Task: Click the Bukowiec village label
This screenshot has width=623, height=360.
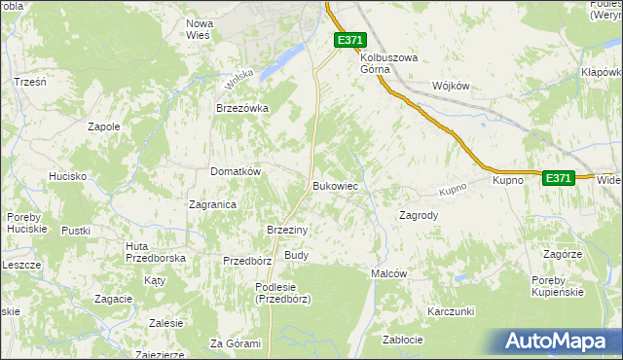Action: tap(338, 185)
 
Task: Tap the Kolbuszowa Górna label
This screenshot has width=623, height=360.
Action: tap(389, 63)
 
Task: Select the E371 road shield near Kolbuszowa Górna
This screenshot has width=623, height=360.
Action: tap(350, 39)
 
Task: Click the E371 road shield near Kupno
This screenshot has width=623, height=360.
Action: tap(558, 178)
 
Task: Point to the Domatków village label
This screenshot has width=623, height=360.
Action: tap(236, 171)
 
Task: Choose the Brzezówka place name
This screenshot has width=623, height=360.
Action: tap(241, 109)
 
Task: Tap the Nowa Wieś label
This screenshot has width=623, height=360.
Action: tap(200, 28)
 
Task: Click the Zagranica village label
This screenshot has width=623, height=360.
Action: tap(212, 204)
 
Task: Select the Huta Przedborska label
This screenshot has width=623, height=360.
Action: tap(156, 252)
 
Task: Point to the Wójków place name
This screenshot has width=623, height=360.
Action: tap(450, 86)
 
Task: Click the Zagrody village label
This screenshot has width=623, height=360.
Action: tap(419, 215)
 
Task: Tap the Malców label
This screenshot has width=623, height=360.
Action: tap(388, 274)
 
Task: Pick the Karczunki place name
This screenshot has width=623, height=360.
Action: tap(450, 311)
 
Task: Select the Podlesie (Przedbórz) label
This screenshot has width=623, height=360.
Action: tap(282, 293)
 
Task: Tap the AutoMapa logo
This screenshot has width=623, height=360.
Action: tap(558, 341)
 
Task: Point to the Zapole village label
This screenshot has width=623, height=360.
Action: tap(103, 126)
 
